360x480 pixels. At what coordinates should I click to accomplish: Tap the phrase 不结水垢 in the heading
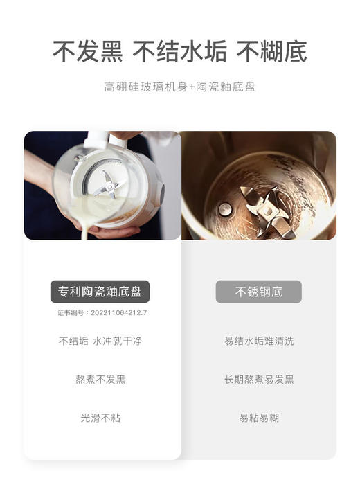pyautogui.click(x=180, y=51)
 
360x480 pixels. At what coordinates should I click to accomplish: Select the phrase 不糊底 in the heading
pyautogui.click(x=272, y=51)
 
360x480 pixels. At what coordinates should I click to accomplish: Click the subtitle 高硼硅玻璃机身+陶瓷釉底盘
pyautogui.click(x=180, y=87)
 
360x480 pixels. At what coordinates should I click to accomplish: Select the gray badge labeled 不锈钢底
pyautogui.click(x=258, y=292)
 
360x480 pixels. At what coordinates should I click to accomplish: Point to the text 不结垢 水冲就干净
pyautogui.click(x=102, y=341)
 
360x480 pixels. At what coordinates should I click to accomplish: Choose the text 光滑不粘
pyautogui.click(x=102, y=418)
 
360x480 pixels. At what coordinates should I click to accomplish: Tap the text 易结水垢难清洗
pyautogui.click(x=258, y=341)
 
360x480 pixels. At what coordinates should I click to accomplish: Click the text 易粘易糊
pyautogui.click(x=258, y=418)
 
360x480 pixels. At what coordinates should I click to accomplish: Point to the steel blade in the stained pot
pyautogui.click(x=267, y=208)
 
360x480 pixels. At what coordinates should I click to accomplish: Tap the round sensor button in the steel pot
pyautogui.click(x=226, y=208)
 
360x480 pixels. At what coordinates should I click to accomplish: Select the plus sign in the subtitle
pyautogui.click(x=192, y=87)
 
